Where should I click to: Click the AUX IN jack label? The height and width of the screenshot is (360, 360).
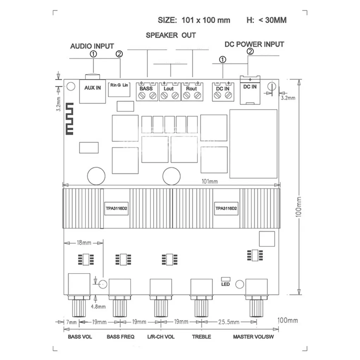click(92, 88)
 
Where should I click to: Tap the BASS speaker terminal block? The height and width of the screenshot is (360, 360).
click(147, 91)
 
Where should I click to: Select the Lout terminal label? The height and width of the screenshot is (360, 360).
click(168, 89)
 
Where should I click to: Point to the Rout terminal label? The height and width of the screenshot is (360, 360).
click(192, 89)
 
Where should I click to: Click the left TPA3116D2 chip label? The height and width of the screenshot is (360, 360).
click(116, 209)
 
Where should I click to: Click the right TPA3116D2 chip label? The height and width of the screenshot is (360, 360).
click(226, 209)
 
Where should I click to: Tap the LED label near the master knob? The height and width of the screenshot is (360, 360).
click(226, 284)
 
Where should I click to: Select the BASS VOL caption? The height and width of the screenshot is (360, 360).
click(80, 337)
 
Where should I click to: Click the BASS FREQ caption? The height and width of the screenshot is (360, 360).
click(121, 337)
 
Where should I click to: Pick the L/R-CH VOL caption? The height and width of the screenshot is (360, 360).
click(161, 337)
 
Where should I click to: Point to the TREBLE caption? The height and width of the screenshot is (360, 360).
click(202, 337)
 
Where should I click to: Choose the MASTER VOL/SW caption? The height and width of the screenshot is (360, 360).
click(253, 337)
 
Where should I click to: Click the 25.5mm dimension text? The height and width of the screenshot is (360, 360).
click(229, 322)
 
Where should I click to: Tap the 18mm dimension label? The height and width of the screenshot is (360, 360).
click(84, 243)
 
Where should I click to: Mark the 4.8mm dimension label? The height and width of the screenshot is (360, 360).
click(98, 306)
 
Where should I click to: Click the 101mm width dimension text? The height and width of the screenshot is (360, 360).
click(210, 181)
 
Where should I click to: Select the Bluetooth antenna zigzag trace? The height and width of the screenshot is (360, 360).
click(70, 119)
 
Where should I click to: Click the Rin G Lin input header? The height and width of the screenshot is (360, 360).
click(119, 89)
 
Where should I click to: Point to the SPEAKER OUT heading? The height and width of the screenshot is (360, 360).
click(171, 35)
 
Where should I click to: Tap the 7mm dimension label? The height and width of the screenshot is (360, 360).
click(71, 322)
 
